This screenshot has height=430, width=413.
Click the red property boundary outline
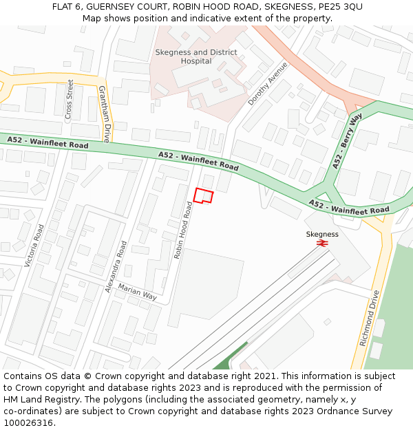[203, 195]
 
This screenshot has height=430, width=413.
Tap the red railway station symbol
[322, 243]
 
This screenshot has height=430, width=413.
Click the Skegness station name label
[322, 234]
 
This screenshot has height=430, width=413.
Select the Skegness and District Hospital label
[196, 56]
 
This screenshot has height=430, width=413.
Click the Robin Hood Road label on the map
[183, 230]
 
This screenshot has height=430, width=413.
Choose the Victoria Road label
[34, 245]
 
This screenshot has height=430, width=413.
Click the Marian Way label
[137, 292]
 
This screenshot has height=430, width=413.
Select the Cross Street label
[69, 100]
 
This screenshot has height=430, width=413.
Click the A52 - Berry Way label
[346, 142]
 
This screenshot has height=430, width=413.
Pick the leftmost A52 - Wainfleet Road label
[47, 142]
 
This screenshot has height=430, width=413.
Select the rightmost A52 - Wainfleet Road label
[349, 207]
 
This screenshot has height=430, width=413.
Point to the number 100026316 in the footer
[28, 422]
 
